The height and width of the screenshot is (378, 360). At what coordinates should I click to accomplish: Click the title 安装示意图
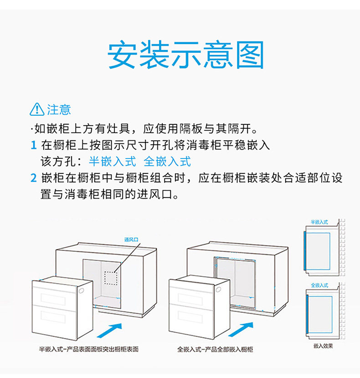coord(186,56)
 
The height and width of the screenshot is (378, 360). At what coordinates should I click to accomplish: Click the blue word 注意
coord(59,110)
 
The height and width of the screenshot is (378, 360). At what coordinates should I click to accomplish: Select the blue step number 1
coord(33,146)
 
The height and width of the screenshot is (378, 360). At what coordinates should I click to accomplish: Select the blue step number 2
coord(33,178)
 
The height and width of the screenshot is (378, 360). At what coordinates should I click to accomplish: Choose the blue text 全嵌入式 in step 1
coord(167,162)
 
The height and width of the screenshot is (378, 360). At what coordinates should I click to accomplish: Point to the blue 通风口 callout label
coord(131,239)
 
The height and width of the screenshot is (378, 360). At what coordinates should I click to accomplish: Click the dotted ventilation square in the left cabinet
coord(111,278)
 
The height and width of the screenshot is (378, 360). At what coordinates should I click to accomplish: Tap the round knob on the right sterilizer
coord(218,290)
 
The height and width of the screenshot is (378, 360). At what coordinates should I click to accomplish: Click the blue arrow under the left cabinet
coord(111,330)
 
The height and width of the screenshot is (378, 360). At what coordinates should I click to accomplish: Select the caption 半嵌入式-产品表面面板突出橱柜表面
coord(88,349)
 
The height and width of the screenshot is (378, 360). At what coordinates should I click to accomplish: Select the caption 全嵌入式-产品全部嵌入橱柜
coord(215,349)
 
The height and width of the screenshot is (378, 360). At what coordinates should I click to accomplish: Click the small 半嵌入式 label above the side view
coord(319,222)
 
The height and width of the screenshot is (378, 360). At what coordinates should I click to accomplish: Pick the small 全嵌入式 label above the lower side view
coord(319,285)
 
